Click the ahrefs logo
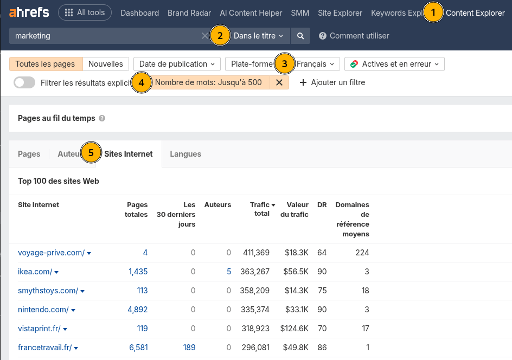tap(29, 12)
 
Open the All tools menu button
tap(85, 12)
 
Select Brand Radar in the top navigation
tap(189, 13)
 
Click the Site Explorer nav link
tap(340, 13)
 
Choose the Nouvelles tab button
tap(106, 64)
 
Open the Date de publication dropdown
tap(176, 64)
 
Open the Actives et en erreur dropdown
tap(394, 64)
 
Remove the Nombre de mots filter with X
tap(279, 82)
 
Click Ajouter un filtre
tap(332, 82)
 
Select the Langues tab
tap(185, 154)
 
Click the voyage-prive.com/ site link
tap(51, 253)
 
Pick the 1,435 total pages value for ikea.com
tap(138, 272)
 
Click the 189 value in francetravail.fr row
tap(189, 348)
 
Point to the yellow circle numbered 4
tap(142, 82)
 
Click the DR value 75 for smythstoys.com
tap(322, 291)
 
